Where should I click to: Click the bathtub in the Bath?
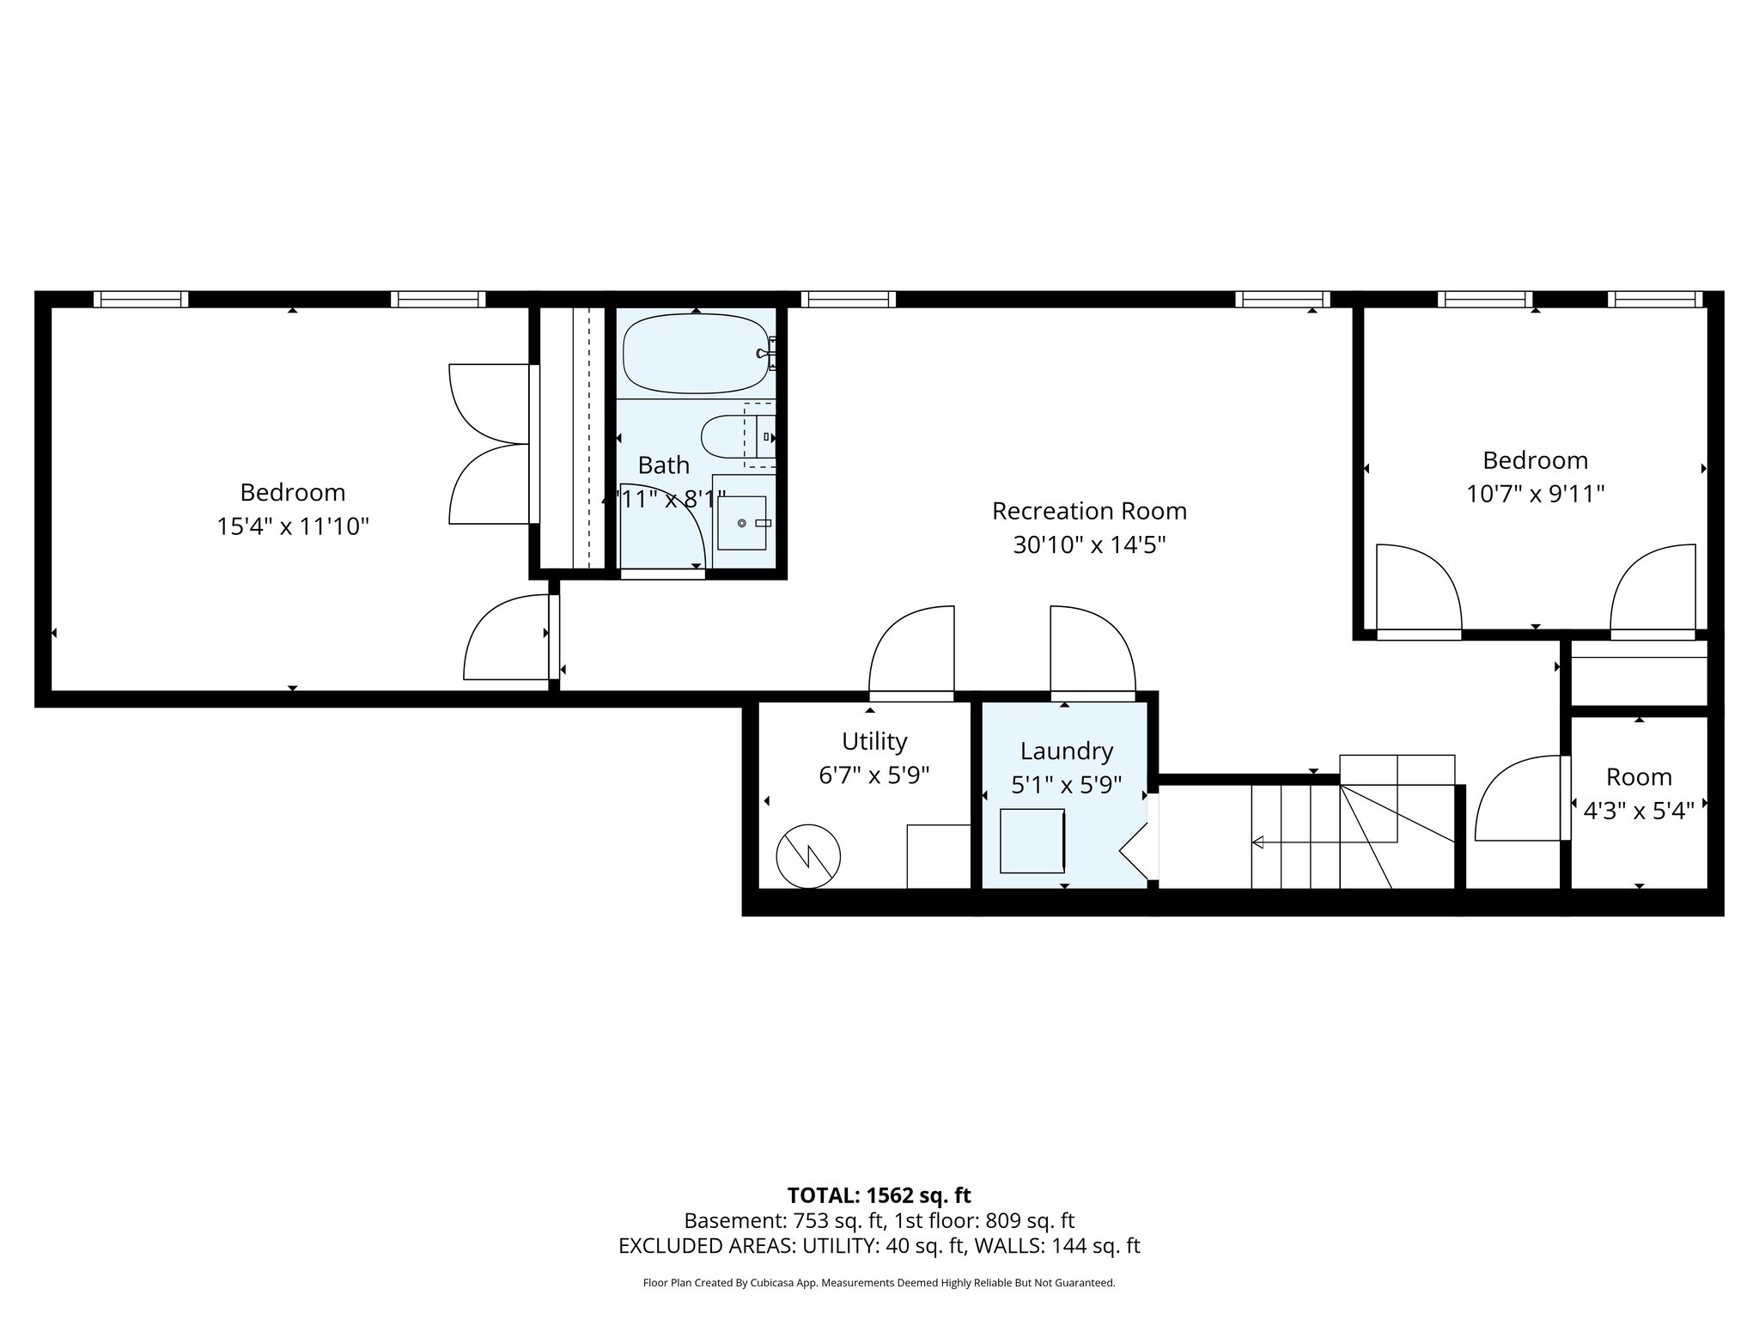pyautogui.click(x=694, y=353)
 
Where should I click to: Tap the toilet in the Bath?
pyautogui.click(x=735, y=436)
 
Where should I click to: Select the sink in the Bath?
pyautogui.click(x=741, y=522)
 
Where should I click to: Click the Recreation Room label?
pyautogui.click(x=1089, y=511)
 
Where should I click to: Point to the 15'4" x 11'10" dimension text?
pyautogui.click(x=292, y=526)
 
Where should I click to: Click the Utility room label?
pyautogui.click(x=874, y=741)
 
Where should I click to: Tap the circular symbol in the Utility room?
pyautogui.click(x=807, y=856)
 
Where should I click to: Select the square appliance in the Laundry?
pyautogui.click(x=1032, y=841)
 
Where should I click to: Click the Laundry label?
pyautogui.click(x=1066, y=751)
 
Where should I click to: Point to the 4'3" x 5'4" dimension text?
pyautogui.click(x=1638, y=811)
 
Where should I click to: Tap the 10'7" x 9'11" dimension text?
pyautogui.click(x=1535, y=495)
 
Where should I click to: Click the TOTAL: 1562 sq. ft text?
pyautogui.click(x=879, y=1195)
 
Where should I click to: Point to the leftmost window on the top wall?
pyautogui.click(x=141, y=299)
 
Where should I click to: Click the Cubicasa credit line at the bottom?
pyautogui.click(x=879, y=1283)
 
